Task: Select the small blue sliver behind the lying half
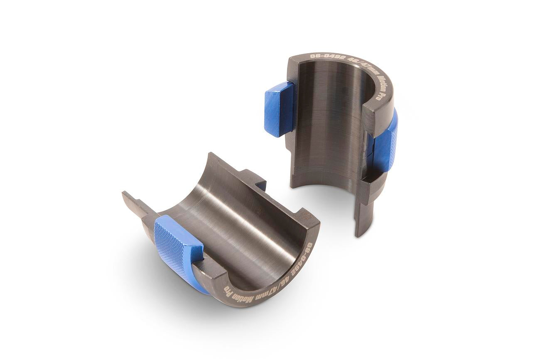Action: click(260, 185)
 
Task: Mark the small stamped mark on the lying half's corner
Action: click(307, 216)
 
